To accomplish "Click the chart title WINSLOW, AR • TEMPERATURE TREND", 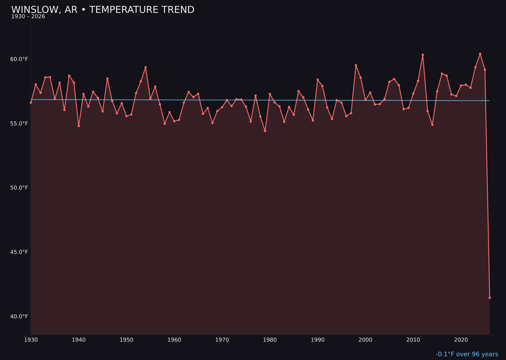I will (x=103, y=10).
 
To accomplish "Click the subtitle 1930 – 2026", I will (x=28, y=17).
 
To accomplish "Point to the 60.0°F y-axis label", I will (x=19, y=59).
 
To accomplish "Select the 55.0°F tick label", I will (x=19, y=124).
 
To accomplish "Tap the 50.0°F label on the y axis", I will (x=19, y=188).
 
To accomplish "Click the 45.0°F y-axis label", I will (x=19, y=252).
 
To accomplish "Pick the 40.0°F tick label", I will (x=19, y=316).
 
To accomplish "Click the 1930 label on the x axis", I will (x=31, y=339).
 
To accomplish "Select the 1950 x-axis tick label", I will (x=126, y=339).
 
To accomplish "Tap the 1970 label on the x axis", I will (x=222, y=339).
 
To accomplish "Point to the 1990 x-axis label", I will (x=318, y=339).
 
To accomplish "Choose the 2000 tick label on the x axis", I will (x=365, y=339).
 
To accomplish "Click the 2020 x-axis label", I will (x=461, y=339).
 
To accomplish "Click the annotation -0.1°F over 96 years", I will (x=467, y=354).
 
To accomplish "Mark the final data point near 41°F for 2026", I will (x=490, y=298).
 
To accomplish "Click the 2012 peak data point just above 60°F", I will (x=423, y=55).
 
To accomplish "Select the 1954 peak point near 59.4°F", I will (x=146, y=67).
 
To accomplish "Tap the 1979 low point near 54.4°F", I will (x=265, y=131).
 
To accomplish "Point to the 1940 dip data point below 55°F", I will (x=79, y=126).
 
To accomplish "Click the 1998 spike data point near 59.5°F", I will (x=356, y=65).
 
